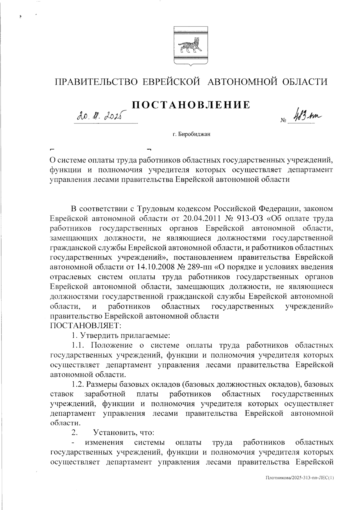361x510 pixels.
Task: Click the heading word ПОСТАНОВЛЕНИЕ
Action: pos(191,105)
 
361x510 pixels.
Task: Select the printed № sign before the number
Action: pos(283,121)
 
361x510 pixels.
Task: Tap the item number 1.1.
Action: pos(80,345)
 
